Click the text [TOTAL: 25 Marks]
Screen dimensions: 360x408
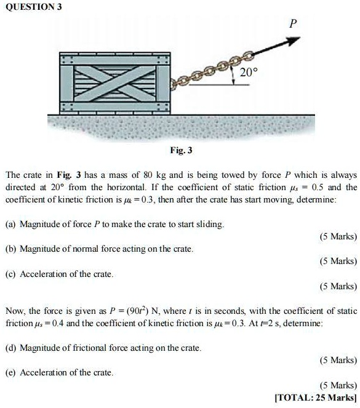pos(316,398)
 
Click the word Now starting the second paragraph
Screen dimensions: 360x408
pos(15,311)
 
